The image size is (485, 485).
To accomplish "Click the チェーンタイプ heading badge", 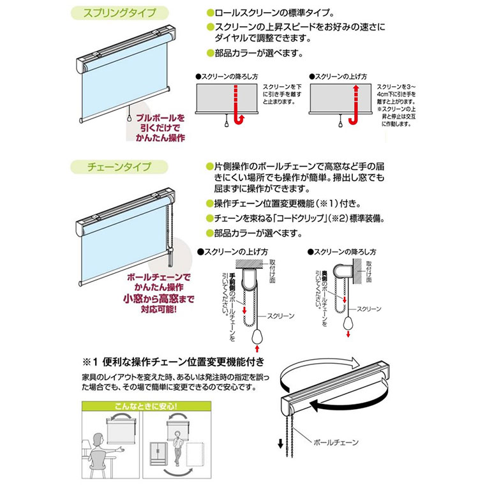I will tap(117, 167).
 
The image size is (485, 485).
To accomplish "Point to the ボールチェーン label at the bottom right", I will tap(336, 441).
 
